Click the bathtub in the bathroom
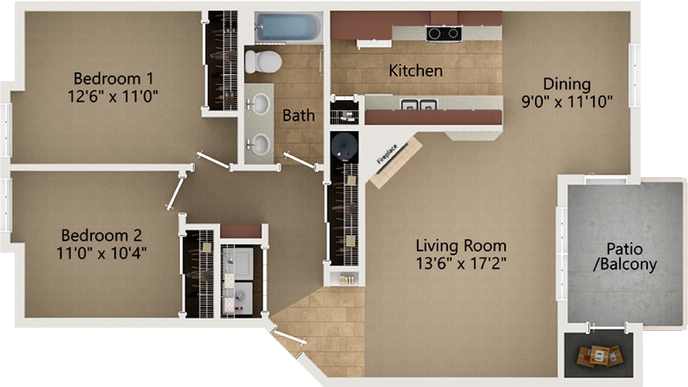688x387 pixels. (289, 27)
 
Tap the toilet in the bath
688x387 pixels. (263, 62)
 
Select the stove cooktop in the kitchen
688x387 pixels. (443, 33)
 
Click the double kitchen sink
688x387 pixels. (419, 105)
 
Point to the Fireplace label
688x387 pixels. (387, 154)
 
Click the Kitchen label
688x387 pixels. (415, 71)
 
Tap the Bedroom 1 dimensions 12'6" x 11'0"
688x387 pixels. (114, 96)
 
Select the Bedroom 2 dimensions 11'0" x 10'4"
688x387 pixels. (101, 253)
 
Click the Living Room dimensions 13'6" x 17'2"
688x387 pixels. (461, 264)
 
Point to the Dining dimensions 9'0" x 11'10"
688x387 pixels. (567, 102)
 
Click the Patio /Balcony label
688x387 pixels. (625, 257)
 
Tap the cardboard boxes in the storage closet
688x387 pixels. (598, 355)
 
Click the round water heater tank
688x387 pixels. (344, 145)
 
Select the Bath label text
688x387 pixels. (298, 116)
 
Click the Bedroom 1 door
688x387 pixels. (214, 160)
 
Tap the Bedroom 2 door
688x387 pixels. (175, 190)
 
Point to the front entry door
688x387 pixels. (288, 335)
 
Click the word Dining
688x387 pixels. (567, 84)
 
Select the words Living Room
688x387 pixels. (461, 245)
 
